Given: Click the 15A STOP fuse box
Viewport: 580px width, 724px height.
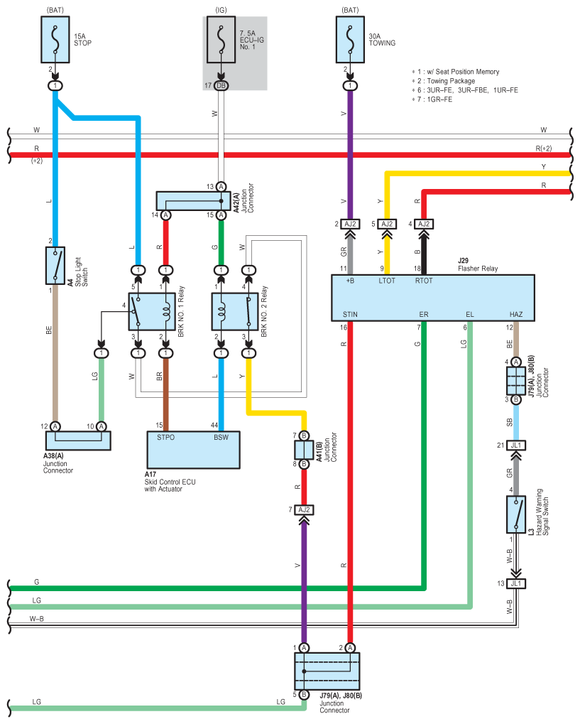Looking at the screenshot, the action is coord(55,40).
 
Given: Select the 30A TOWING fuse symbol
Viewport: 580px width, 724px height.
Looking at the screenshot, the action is coord(350,40).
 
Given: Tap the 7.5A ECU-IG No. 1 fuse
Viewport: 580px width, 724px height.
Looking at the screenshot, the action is coord(221,40).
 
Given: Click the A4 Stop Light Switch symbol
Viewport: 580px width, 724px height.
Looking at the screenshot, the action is coord(55,266).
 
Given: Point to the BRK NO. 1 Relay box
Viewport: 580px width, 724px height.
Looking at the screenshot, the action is coord(152,312).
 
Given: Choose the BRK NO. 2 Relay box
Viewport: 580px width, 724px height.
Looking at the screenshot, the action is coord(235,312).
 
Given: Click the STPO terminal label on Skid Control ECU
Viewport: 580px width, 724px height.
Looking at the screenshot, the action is coord(165,437).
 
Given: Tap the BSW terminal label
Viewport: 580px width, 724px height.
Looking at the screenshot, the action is coord(221,437).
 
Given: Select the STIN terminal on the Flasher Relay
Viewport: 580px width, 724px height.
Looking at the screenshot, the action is coord(350,315).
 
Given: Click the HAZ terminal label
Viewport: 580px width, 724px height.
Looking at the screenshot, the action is coord(516,315).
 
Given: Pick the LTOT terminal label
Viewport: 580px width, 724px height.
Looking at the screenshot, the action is coord(387,281).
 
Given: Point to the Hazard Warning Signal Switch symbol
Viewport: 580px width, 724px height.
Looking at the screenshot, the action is coord(516,515).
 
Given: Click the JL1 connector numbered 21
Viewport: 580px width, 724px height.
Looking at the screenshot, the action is coord(516,445).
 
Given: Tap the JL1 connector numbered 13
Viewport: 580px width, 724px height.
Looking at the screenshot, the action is coord(516,583).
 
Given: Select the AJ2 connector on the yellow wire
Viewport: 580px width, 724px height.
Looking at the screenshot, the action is coord(387,224).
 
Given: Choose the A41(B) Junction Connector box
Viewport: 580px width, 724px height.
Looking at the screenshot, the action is coord(304,450).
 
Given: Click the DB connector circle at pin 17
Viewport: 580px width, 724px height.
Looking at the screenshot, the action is coord(221,85).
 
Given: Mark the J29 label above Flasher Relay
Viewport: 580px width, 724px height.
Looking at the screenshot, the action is coord(464,261).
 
